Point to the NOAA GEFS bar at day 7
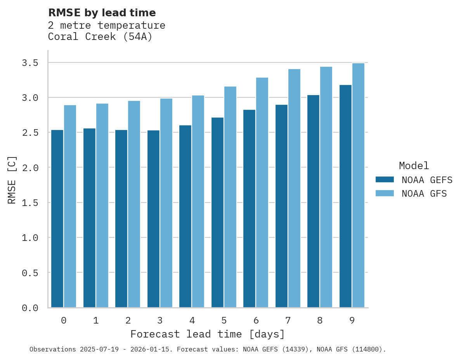tap(281, 206)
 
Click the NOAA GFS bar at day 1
tap(102, 205)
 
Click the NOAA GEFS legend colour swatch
tap(385, 180)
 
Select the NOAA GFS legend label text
tap(424, 194)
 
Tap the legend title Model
tap(414, 166)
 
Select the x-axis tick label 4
tap(192, 320)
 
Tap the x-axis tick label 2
tap(128, 320)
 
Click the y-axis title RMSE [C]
tap(12, 180)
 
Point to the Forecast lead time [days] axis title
tap(208, 334)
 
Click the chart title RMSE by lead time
tap(102, 13)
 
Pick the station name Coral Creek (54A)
tap(100, 37)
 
